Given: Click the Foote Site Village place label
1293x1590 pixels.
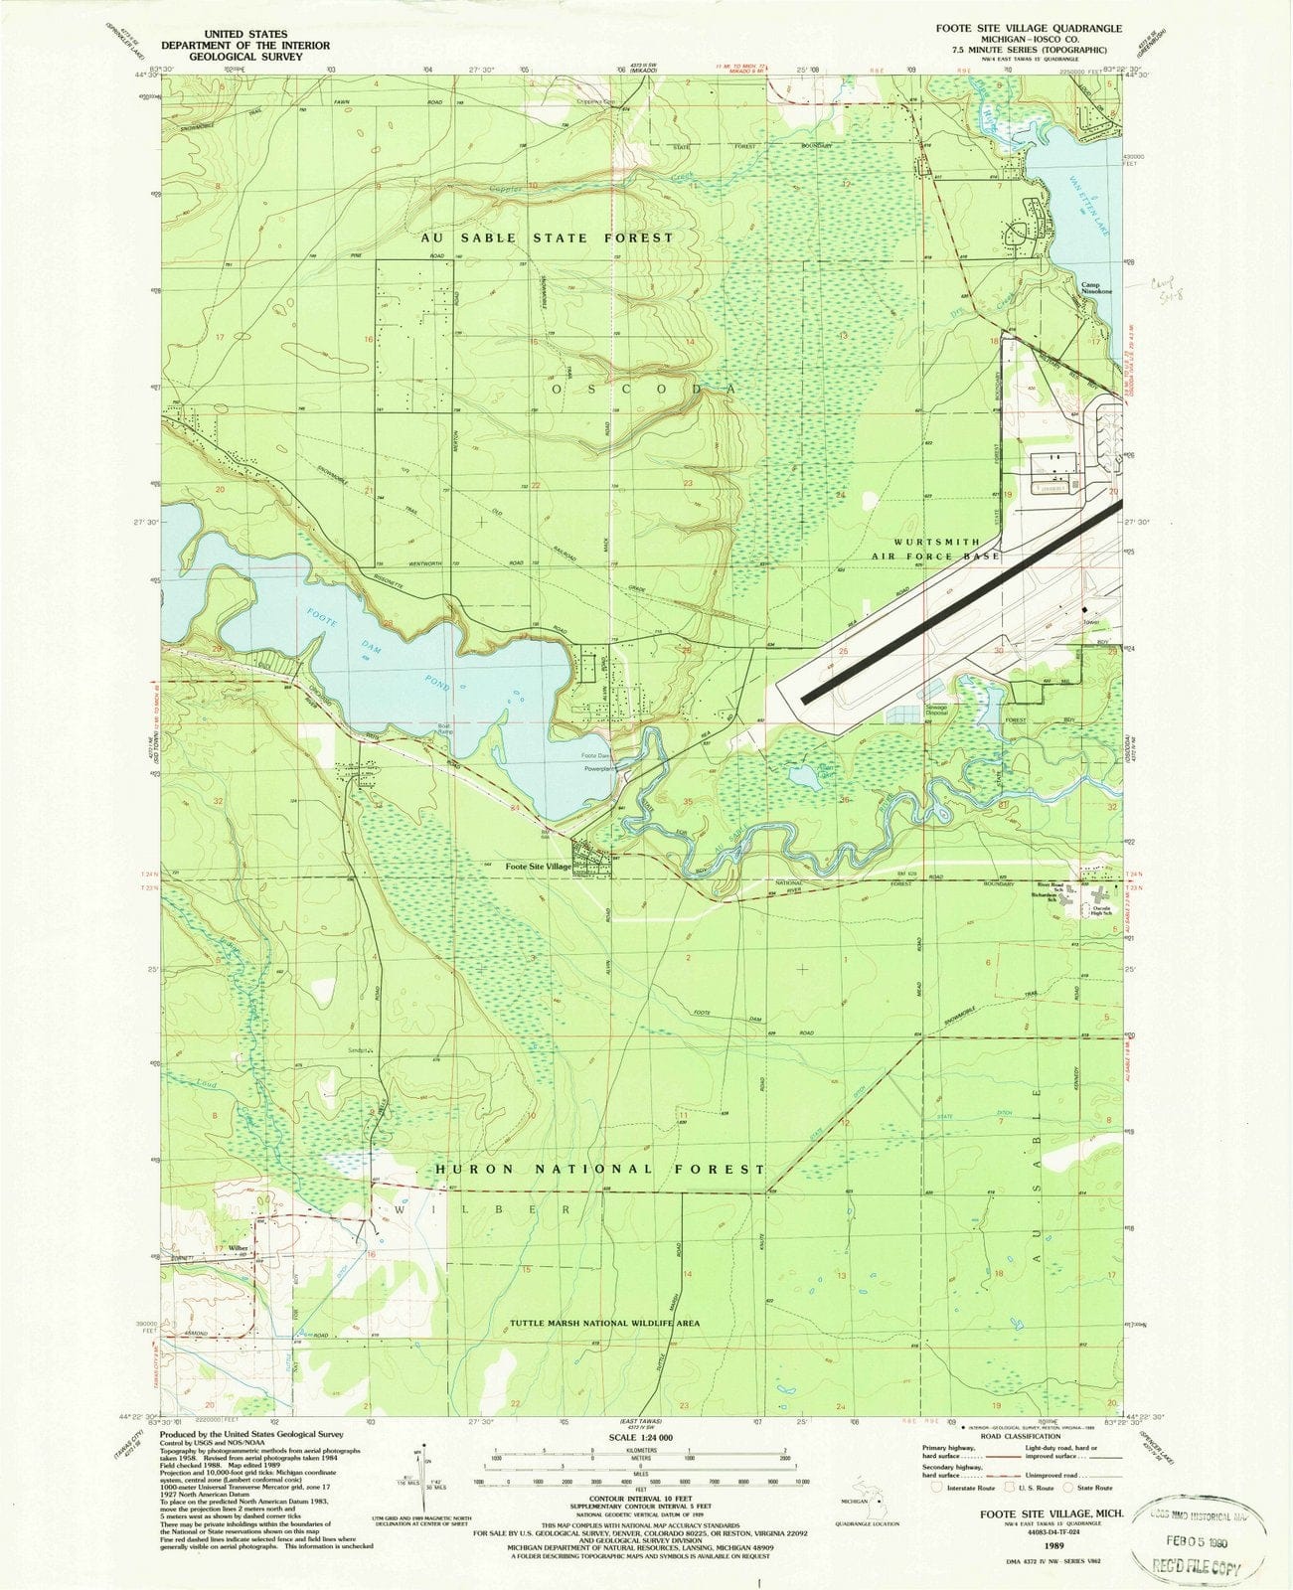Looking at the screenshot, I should coord(538,868).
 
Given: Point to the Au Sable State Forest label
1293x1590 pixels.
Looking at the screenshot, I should coord(547,238).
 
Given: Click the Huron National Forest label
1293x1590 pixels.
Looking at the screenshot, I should coord(600,1170).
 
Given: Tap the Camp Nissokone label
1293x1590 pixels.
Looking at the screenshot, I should coord(1097,287).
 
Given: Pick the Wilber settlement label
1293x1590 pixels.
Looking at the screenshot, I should coord(237,1249).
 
